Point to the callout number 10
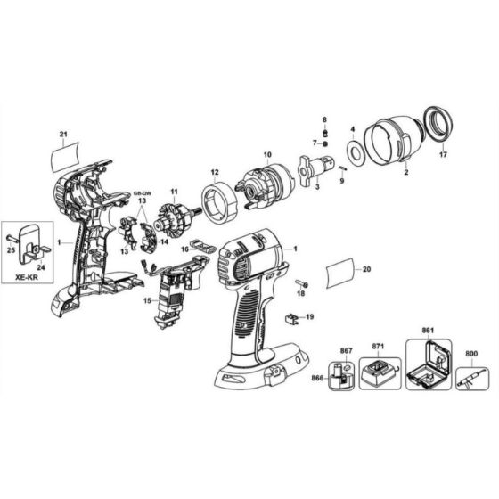(266, 155)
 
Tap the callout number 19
(309, 316)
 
